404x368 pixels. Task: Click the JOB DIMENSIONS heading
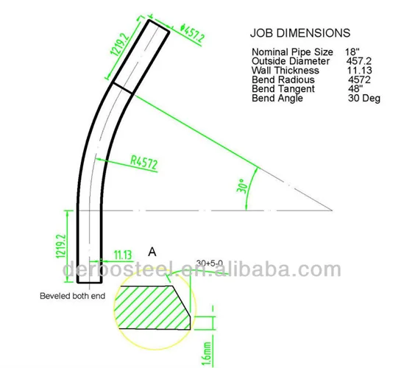[x=300, y=33]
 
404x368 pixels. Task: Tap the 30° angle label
[x=241, y=185]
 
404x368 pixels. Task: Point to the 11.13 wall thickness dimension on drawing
[x=122, y=254]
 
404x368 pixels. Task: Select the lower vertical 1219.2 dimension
[x=61, y=244]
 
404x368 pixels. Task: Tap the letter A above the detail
[x=152, y=252]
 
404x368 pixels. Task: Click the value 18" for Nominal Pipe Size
[x=352, y=52]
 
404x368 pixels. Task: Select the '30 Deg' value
[x=364, y=97]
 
